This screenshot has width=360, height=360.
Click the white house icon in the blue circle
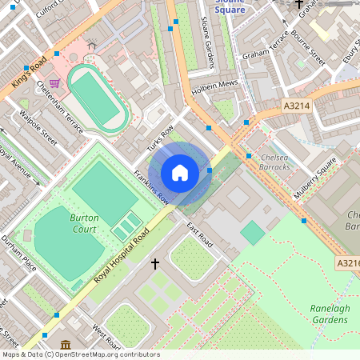pyautogui.click(x=180, y=172)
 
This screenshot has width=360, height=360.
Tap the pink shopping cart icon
pyautogui.click(x=54, y=82)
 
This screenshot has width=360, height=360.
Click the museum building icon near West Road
pyautogui.click(x=65, y=344)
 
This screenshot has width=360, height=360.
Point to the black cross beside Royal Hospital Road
pyautogui.click(x=154, y=262)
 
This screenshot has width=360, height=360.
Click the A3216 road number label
pyautogui.click(x=347, y=262)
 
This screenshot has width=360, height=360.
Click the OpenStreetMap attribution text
pyautogui.click(x=80, y=354)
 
